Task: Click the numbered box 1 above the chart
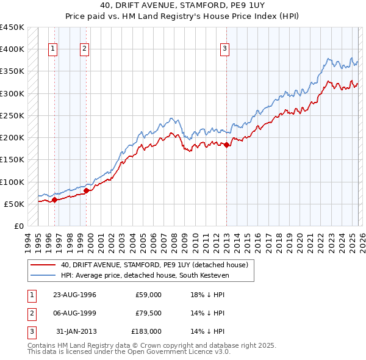click(x=53, y=49)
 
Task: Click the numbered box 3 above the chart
click(x=225, y=49)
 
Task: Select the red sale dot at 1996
click(x=54, y=199)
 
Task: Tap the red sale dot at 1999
click(x=86, y=190)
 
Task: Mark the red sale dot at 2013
click(x=226, y=145)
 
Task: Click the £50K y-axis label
click(x=14, y=204)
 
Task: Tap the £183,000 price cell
click(x=146, y=331)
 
